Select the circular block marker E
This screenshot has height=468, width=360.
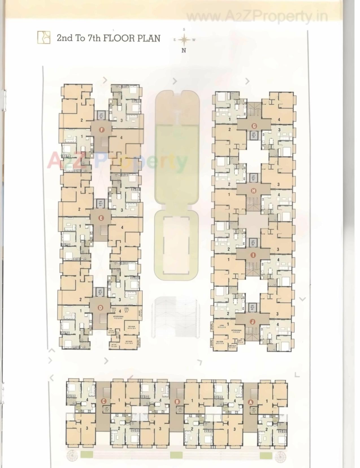click(x=101, y=218)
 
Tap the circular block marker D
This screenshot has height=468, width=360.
click(x=100, y=307)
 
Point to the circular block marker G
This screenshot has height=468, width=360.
click(x=254, y=126)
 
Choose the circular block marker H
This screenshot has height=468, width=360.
click(x=253, y=191)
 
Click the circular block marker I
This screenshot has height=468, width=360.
click(x=253, y=255)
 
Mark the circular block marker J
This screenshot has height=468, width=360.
click(x=252, y=321)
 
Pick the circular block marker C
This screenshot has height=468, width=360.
click(x=104, y=401)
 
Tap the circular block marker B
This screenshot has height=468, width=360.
click(x=177, y=401)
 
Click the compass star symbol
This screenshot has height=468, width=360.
click(x=184, y=40)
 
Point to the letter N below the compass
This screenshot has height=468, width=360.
click(x=184, y=50)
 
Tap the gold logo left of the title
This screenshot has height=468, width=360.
click(x=44, y=37)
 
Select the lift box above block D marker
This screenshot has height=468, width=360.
click(x=100, y=292)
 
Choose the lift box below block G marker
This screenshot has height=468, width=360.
click(x=253, y=135)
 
